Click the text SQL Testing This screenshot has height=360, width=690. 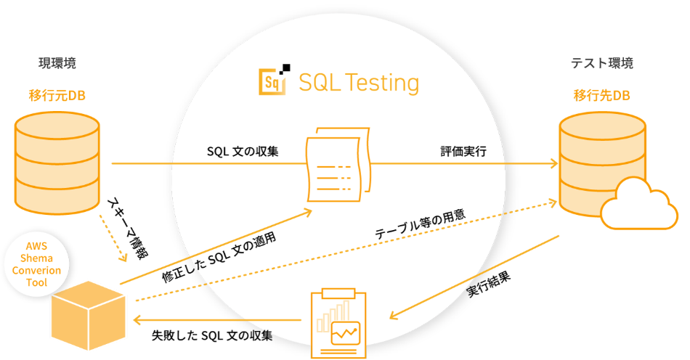point(359,83)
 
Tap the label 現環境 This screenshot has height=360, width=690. point(57,63)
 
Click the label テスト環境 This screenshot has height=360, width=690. point(602,63)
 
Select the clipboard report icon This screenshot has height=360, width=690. point(338,322)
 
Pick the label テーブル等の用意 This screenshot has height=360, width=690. point(419,226)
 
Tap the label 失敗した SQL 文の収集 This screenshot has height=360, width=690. point(212,335)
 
